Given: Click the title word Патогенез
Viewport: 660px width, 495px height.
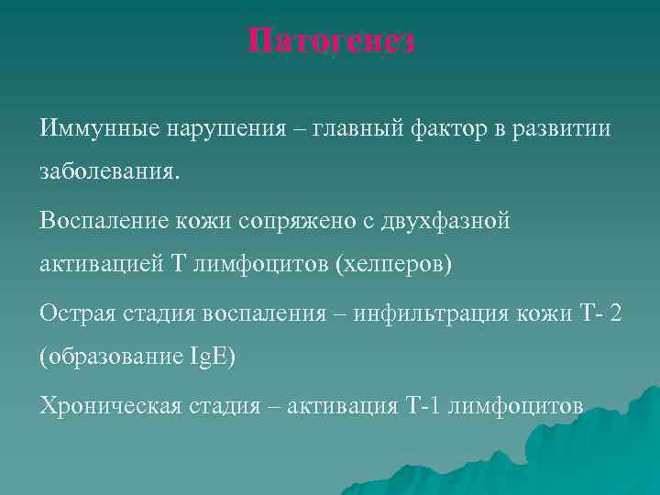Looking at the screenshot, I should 331,41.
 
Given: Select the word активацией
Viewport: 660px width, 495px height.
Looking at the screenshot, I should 97,265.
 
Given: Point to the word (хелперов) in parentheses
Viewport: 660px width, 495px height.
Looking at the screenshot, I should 394,265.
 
